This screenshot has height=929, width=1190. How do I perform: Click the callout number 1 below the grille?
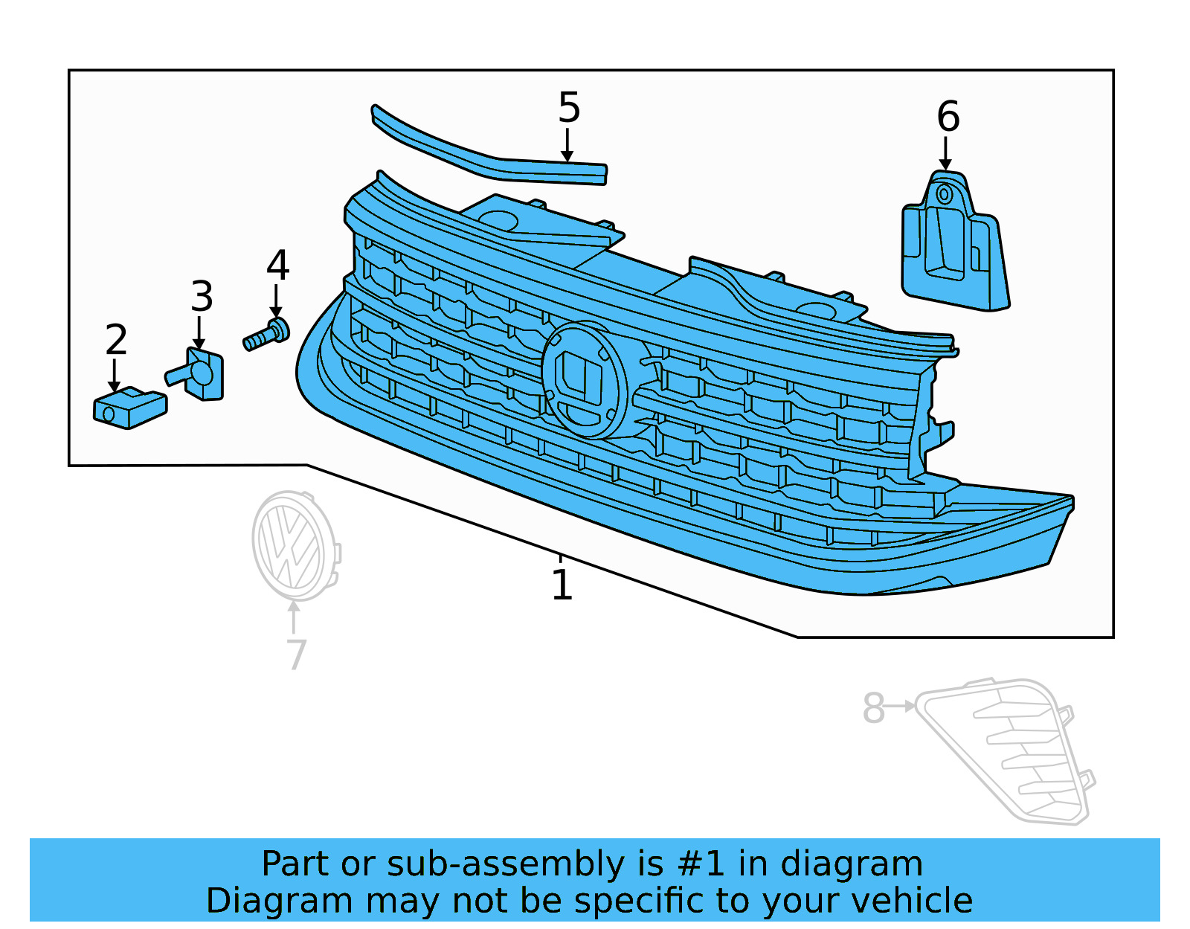tap(562, 585)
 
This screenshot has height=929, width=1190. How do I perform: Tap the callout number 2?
tap(116, 340)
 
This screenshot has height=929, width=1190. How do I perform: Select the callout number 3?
tap(202, 297)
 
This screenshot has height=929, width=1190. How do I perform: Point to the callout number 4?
tap(277, 266)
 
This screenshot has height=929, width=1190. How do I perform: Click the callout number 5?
tap(569, 108)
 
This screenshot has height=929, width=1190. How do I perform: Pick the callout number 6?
tap(948, 117)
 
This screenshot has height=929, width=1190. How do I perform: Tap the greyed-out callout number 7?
tap(296, 655)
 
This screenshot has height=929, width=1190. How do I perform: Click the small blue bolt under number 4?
tap(267, 336)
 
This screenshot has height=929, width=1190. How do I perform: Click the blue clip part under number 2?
tap(129, 408)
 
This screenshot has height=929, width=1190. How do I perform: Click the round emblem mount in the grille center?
tap(586, 379)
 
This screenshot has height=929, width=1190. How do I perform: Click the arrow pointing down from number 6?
tap(945, 154)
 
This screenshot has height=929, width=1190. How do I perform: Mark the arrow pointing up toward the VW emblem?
tap(295, 617)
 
